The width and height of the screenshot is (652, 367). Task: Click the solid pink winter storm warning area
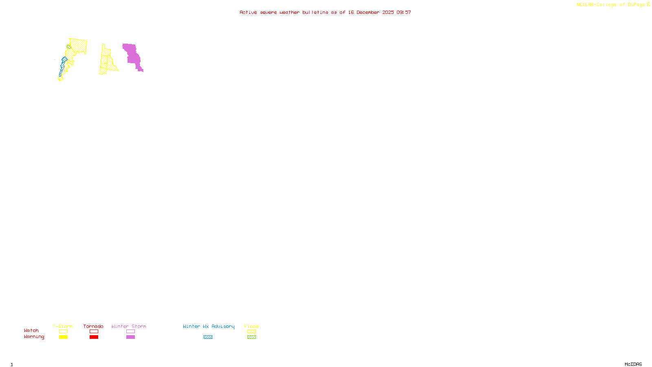pyautogui.click(x=132, y=55)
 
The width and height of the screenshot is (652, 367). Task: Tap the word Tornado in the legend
pyautogui.click(x=93, y=326)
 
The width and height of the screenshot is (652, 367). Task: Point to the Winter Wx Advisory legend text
pyautogui.click(x=209, y=326)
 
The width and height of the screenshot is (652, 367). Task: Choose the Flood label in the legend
pyautogui.click(x=251, y=326)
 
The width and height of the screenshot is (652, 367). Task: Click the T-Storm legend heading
pyautogui.click(x=63, y=326)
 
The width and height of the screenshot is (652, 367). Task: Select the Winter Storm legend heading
pyautogui.click(x=129, y=326)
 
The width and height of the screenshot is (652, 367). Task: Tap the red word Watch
pyautogui.click(x=31, y=330)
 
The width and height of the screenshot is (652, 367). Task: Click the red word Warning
pyautogui.click(x=34, y=337)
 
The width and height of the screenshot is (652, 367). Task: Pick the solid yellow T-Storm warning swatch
pyautogui.click(x=63, y=337)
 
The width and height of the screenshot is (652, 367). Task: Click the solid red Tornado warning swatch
pyautogui.click(x=94, y=337)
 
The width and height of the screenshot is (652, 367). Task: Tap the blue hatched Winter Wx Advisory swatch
pyautogui.click(x=208, y=337)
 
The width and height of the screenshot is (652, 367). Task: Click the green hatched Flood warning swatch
pyautogui.click(x=251, y=337)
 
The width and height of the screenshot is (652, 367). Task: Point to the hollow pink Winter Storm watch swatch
pyautogui.click(x=130, y=332)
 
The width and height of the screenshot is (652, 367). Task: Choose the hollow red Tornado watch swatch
pyautogui.click(x=94, y=332)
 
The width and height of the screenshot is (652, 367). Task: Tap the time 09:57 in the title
pyautogui.click(x=404, y=12)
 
